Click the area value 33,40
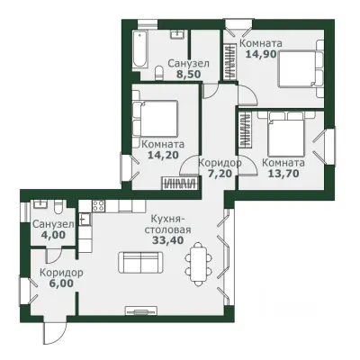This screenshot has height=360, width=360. coord(168,240)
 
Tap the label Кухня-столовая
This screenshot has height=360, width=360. coord(168,224)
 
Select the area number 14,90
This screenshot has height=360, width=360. coord(261,54)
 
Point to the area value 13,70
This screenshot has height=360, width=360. coord(283,173)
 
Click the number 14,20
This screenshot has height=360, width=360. coord(163,155)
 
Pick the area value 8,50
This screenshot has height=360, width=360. coord(188,74)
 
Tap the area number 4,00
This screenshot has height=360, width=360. coord(53,235)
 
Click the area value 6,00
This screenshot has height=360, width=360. coord(61,283)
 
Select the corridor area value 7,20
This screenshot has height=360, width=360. coord(220,173)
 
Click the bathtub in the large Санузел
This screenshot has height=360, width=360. coord(140,49)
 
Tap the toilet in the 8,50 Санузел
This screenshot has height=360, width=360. coord(159,74)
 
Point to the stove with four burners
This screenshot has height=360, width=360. coord(98,206)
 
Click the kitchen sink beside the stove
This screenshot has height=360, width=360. coord(85,219)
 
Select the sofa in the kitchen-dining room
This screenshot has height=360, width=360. coord(140,262)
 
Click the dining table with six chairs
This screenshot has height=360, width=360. coord(198,264)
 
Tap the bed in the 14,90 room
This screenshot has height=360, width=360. coord(301,68)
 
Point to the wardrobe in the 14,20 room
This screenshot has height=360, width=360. coord(180,184)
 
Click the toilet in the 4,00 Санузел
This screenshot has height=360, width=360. coord(58,207)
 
